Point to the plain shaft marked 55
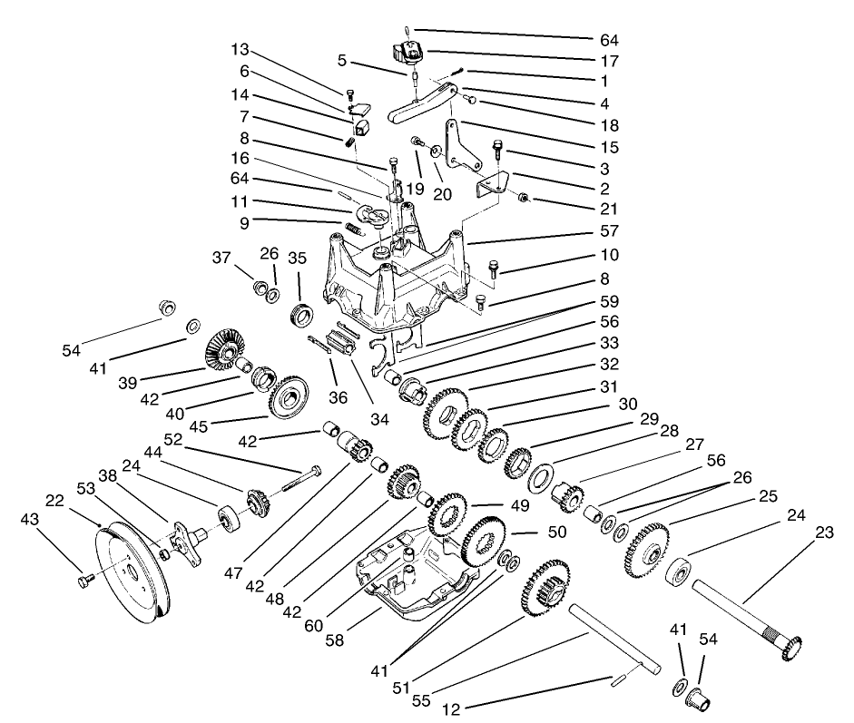pos(617,640)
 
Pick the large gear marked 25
pos(646,549)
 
